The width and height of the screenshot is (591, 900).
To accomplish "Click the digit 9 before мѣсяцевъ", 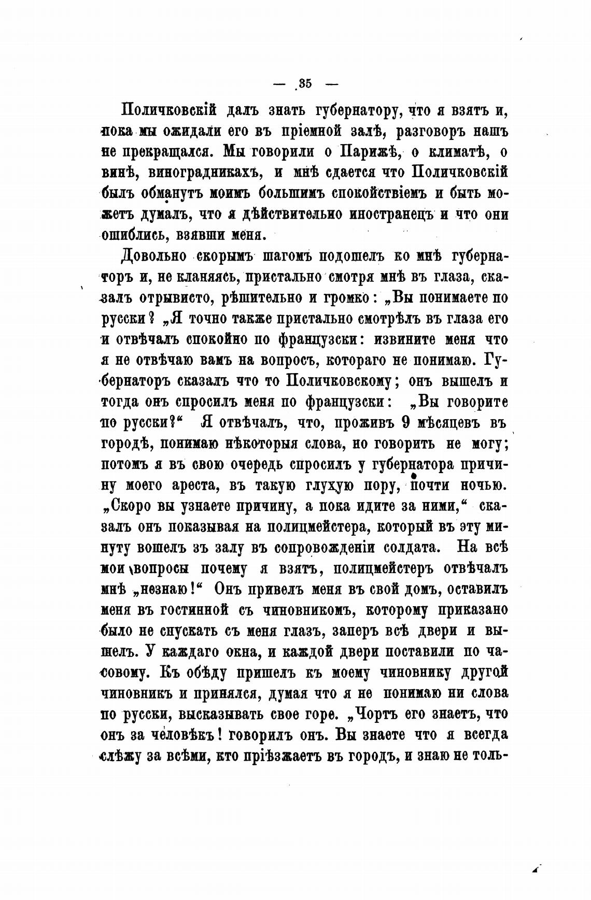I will click(407, 423).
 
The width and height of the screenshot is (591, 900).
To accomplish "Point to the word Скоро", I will click(130, 507).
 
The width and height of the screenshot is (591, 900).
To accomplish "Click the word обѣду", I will click(201, 673).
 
